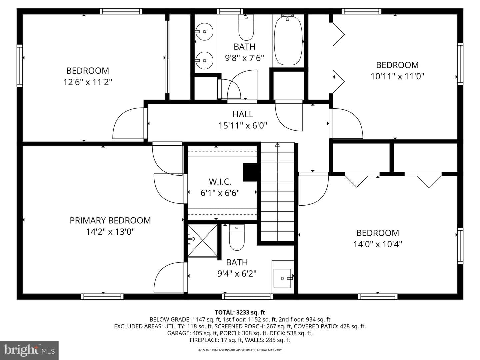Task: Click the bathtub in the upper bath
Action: click(x=288, y=41)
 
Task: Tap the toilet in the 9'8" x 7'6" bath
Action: click(x=246, y=28)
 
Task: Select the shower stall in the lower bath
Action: click(x=202, y=240)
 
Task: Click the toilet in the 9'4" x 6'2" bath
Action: click(x=237, y=237)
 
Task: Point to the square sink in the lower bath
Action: click(x=282, y=278)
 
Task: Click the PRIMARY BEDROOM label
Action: click(x=110, y=220)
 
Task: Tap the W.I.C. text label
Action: click(x=220, y=182)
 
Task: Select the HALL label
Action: click(x=243, y=114)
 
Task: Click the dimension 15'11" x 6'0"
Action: click(x=243, y=125)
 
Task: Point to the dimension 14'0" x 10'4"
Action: click(x=378, y=244)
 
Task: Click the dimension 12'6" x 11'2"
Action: click(x=88, y=82)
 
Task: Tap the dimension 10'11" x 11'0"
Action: click(x=397, y=77)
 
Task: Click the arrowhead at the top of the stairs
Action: click(x=277, y=144)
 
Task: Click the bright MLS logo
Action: click(x=29, y=350)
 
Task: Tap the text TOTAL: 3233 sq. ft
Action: click(x=240, y=312)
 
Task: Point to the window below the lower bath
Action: click(x=247, y=296)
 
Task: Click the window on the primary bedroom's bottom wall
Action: click(x=102, y=296)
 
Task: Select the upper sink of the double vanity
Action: click(x=204, y=32)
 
